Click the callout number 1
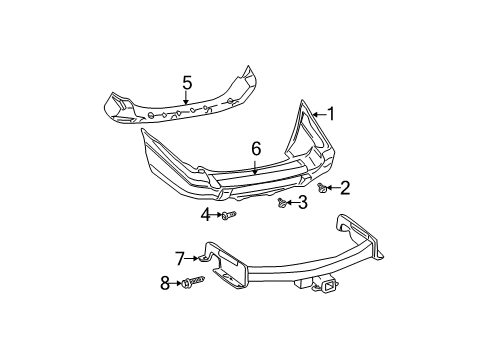click(x=331, y=114)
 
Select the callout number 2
click(x=345, y=186)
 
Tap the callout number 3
click(x=301, y=203)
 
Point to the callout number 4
click(x=205, y=215)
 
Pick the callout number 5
click(x=185, y=82)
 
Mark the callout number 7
click(x=181, y=259)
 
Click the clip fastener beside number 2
click(x=322, y=186)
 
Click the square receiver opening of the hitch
click(x=328, y=288)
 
